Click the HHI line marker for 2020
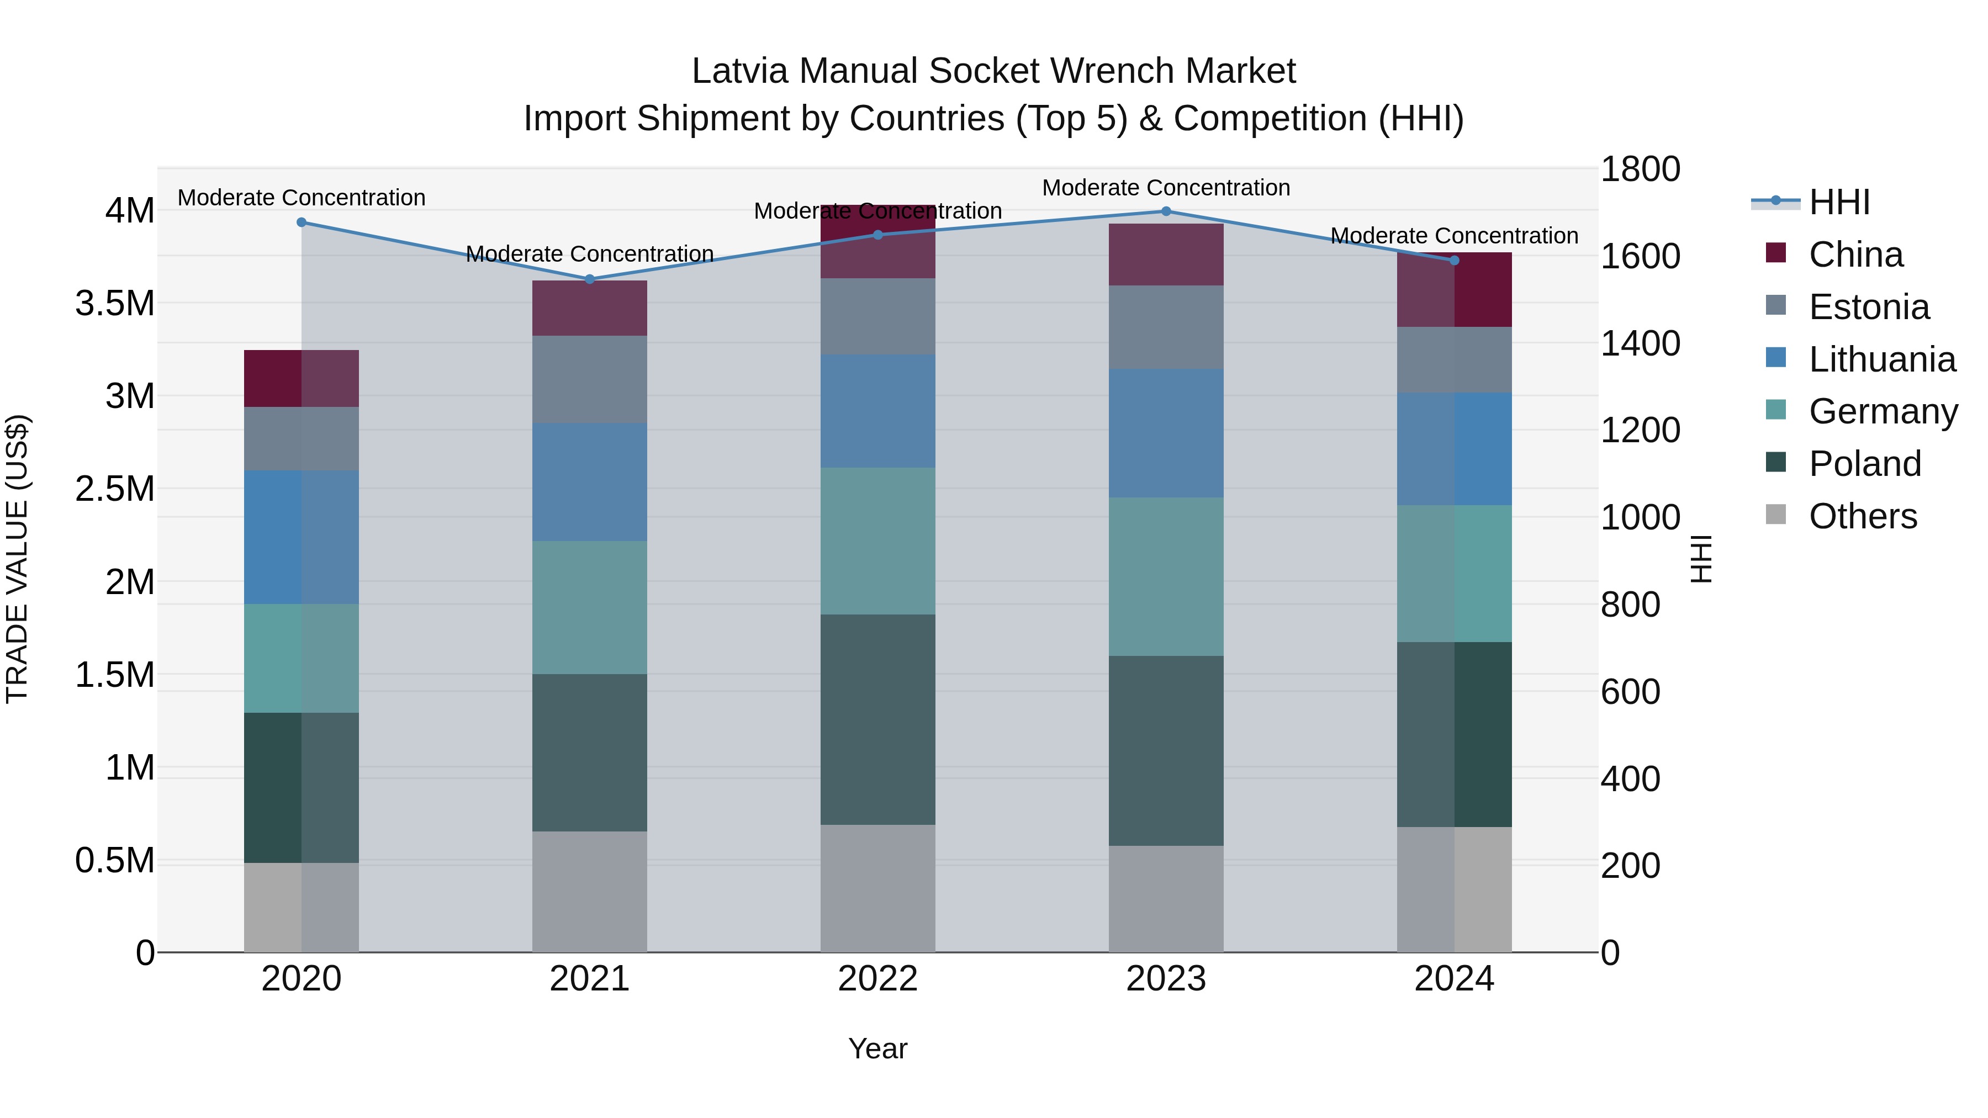pos(302,222)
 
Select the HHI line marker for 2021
pos(590,279)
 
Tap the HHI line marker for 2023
pos(1166,211)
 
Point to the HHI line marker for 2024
pos(1454,261)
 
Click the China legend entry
pos(1855,255)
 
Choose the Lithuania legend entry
pos(1881,359)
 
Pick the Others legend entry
pos(1862,516)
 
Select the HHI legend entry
pos(1839,202)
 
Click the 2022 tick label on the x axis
pos(877,979)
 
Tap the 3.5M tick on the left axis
pos(115,303)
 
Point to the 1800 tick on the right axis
pos(1640,169)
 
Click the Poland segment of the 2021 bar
pos(590,753)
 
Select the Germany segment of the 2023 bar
pos(1166,576)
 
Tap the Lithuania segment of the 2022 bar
pos(877,411)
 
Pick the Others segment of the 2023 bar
pos(1166,899)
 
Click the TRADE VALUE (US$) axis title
pos(17,559)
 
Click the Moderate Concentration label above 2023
pos(1166,188)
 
